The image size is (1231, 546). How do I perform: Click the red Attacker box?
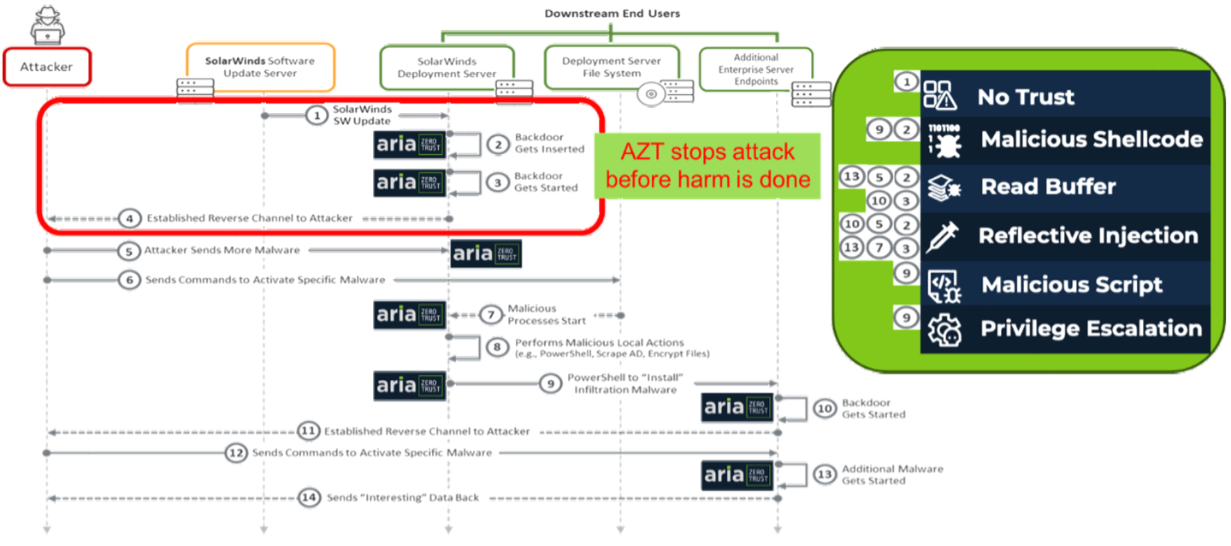[47, 67]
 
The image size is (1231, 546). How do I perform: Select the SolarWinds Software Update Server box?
[260, 67]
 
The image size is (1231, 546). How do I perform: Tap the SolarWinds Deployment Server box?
[446, 67]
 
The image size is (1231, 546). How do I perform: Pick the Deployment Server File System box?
[612, 67]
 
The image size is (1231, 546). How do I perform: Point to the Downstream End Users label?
[612, 14]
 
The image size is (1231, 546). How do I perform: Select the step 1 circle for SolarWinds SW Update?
[317, 115]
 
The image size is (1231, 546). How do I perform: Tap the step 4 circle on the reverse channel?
[128, 218]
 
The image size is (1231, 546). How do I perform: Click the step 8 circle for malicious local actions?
[496, 347]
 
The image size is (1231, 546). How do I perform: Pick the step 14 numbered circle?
[307, 497]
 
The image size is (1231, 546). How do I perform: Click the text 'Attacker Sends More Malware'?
[222, 251]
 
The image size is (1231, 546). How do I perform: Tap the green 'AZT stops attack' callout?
[707, 166]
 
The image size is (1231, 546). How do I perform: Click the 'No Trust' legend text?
[1025, 97]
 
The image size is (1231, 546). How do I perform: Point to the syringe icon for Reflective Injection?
[943, 235]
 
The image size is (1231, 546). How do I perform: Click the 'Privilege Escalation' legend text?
[1091, 329]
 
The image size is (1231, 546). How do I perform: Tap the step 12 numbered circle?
[235, 453]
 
